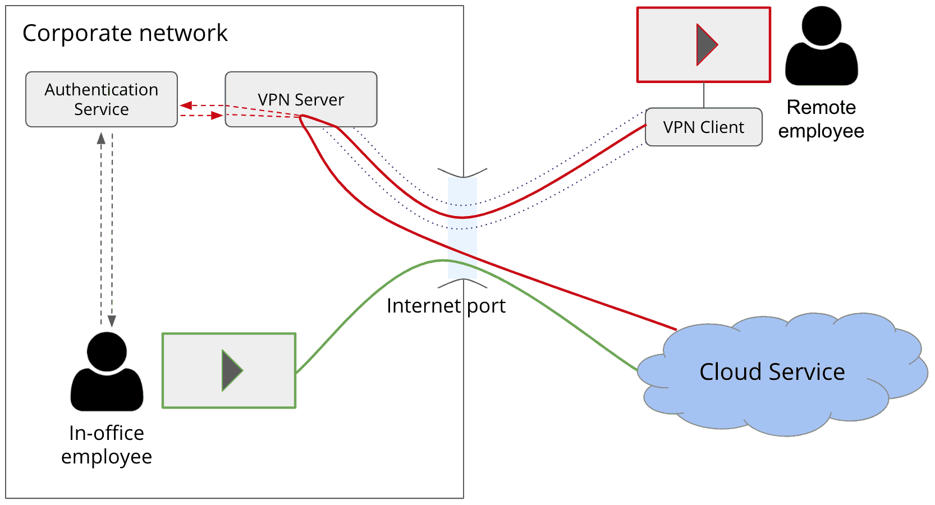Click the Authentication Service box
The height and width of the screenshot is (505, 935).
102,99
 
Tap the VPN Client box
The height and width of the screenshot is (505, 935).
703,127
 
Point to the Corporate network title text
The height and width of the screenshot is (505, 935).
125,33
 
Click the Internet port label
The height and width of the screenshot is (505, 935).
446,306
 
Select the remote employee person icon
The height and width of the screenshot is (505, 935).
821,48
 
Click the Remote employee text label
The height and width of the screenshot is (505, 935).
821,119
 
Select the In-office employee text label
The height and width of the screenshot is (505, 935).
107,445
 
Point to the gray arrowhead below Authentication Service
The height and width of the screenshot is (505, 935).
101,138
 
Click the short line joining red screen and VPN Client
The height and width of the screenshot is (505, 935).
704,95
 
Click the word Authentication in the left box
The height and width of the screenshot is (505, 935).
102,90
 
